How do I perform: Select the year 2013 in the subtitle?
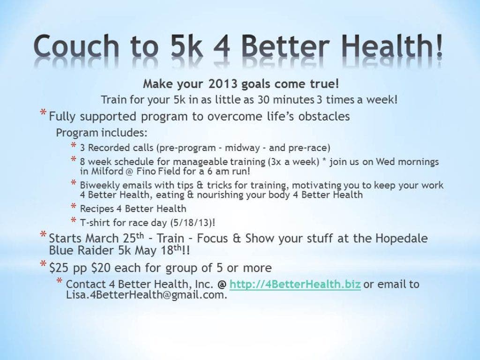[x=223, y=84]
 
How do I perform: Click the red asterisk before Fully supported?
[x=43, y=113]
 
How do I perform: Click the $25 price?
[x=60, y=268]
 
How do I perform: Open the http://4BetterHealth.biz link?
[x=295, y=285]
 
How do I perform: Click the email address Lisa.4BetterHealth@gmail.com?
[x=147, y=295]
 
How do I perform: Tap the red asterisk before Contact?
[x=60, y=281]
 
